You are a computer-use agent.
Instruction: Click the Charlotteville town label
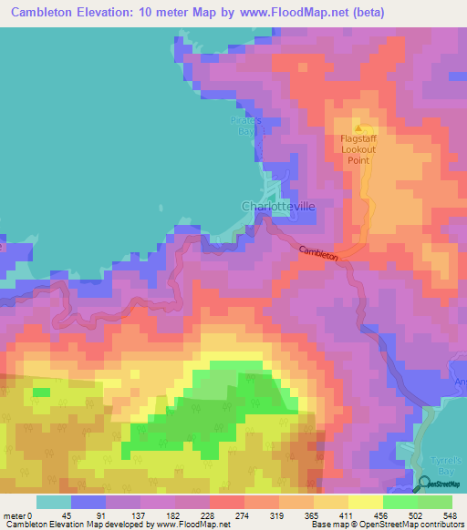pos(278,207)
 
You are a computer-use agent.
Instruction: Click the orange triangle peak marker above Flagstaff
pos(358,127)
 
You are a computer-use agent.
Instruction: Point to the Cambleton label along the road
pos(318,254)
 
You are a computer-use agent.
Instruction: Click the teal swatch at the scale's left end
pos(54,502)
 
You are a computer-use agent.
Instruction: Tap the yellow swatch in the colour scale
pos(366,502)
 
